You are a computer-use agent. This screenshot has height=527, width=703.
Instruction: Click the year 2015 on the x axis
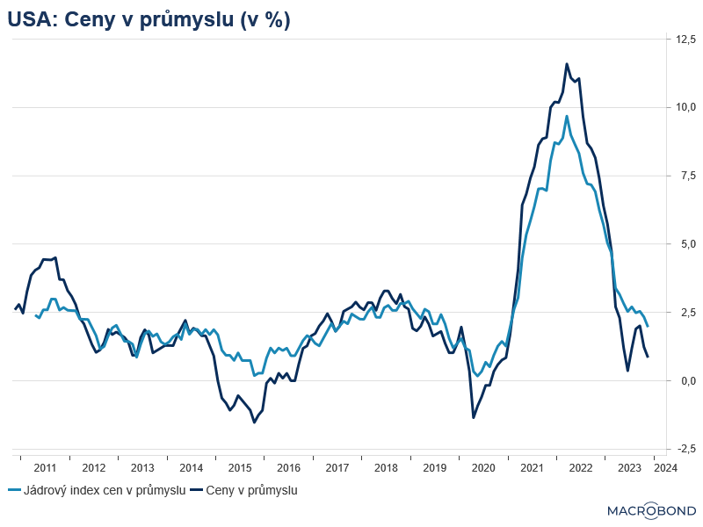239,468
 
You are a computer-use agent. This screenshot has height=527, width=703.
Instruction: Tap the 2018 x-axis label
386,468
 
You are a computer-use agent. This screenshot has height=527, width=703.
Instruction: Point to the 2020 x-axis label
483,468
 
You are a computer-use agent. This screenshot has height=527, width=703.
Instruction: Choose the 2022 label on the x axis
581,468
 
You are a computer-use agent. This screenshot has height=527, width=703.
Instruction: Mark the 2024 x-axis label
665,468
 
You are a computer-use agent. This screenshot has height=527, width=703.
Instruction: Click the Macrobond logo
651,510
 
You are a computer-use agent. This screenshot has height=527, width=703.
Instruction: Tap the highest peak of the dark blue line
567,63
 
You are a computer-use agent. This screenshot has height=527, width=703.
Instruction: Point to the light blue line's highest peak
567,116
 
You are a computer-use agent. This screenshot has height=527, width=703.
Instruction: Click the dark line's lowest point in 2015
255,422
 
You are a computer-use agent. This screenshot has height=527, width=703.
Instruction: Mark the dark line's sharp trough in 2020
474,417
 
